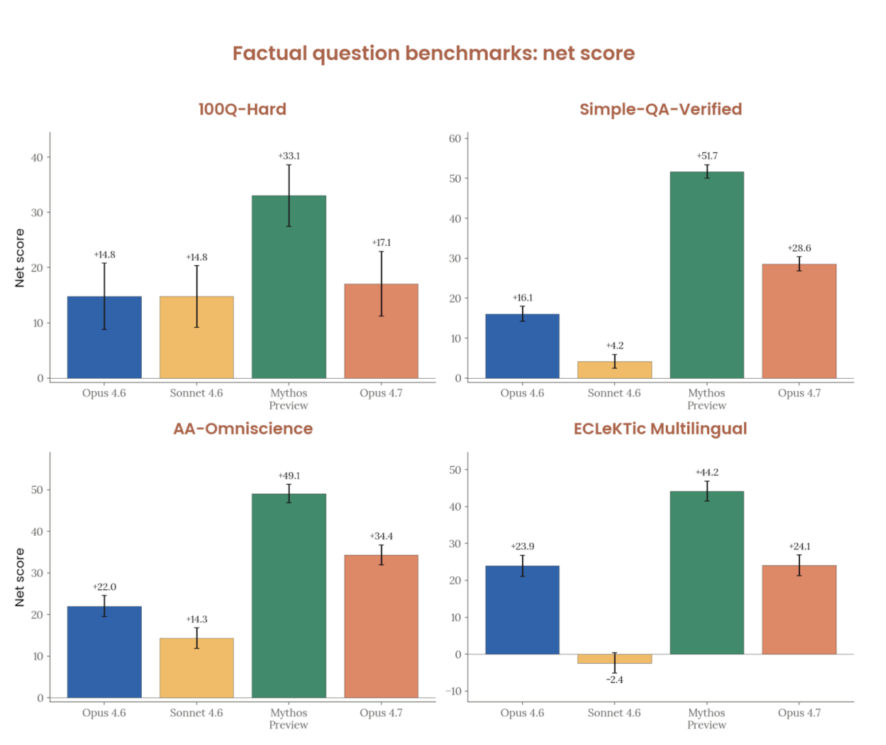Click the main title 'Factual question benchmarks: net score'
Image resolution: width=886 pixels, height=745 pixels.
coord(433,53)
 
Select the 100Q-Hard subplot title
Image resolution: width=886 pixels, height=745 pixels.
coord(242,109)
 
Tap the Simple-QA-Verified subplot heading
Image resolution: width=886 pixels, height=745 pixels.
coord(661,109)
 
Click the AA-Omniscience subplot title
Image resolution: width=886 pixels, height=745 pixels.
coord(243,428)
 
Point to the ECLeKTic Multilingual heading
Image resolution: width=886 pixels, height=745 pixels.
coord(660,428)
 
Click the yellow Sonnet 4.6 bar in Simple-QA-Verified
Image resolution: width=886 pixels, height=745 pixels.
coord(614,370)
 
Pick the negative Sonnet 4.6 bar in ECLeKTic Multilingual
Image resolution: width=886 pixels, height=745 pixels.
coord(614,659)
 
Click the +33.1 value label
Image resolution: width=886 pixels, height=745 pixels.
coord(289,156)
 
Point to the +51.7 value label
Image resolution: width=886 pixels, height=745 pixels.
coord(707,156)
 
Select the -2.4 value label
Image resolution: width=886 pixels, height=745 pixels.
coord(614,680)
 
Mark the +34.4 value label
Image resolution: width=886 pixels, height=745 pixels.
coord(381,536)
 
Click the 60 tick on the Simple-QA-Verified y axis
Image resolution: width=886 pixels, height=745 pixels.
coord(455,139)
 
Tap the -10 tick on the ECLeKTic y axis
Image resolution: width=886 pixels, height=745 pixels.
coord(453,691)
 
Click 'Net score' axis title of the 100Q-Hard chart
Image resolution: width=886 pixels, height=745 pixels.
coord(19,258)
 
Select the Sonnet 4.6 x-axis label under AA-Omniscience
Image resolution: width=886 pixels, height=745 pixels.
coord(196,713)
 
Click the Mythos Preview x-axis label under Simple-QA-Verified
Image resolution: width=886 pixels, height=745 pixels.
coord(707,399)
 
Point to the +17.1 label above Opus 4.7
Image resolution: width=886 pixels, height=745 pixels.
coord(381,243)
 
